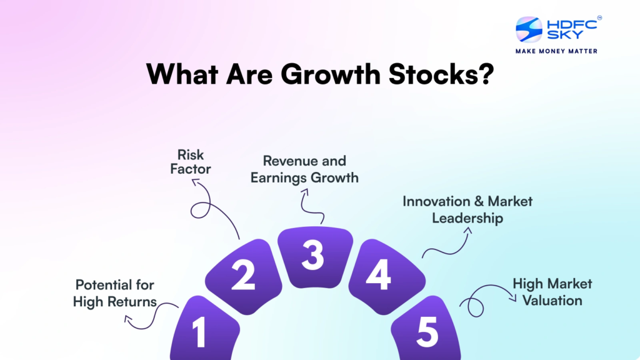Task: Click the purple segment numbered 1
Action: tap(204, 331)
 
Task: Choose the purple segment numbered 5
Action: tap(426, 331)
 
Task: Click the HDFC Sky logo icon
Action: tap(529, 29)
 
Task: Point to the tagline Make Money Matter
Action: tap(556, 51)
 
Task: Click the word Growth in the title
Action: tap(331, 74)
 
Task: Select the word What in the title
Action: tap(182, 74)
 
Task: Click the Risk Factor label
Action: tap(191, 162)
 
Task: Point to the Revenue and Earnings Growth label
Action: tap(304, 169)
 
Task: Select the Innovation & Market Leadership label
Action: tap(467, 210)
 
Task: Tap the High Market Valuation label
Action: tap(552, 292)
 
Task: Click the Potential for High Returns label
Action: tap(115, 294)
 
